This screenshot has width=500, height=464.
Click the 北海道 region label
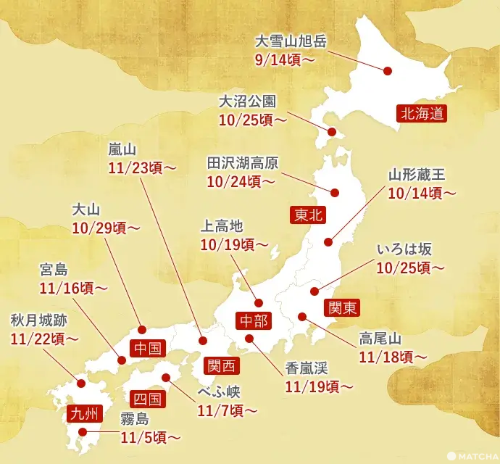point(420,112)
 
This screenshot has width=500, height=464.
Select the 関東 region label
point(340,307)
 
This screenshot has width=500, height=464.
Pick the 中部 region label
point(254,319)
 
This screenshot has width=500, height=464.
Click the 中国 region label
point(149,348)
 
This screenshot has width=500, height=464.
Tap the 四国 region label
point(148,399)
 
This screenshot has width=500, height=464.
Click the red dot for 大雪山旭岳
point(388,71)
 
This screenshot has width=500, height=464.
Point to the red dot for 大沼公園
point(332,132)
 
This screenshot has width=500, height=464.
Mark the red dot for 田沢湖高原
point(336,193)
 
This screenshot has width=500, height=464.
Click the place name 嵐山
point(122,149)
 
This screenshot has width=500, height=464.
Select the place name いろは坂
point(404,249)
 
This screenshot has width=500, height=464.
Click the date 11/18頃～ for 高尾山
point(392,357)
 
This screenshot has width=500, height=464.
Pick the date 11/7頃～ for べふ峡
point(227,410)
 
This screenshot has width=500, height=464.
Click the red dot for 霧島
point(86,436)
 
